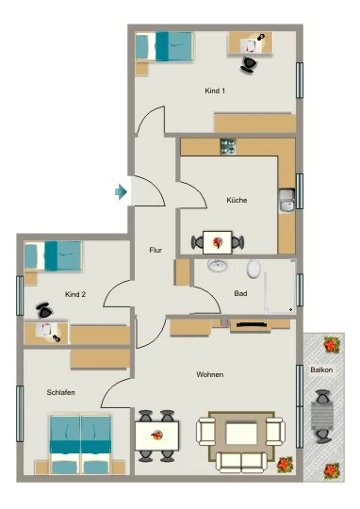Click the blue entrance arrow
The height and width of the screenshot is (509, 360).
[x=121, y=192]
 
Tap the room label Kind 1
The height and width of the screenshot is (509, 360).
[x=215, y=90]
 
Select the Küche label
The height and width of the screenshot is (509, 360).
[x=237, y=200]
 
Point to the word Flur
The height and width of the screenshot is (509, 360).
[x=155, y=250]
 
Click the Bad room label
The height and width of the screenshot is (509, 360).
[x=240, y=293]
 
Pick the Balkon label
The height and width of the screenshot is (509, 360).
[x=321, y=369]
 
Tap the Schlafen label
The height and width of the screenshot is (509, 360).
[x=60, y=392]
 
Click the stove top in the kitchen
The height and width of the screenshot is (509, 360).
[x=228, y=146]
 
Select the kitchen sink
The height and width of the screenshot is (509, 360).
[x=286, y=201]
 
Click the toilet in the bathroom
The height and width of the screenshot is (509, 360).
[x=254, y=269]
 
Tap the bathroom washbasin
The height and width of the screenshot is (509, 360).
[x=218, y=266]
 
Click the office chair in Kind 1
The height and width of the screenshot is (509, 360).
[x=249, y=64]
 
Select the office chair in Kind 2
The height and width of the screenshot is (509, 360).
[x=44, y=311]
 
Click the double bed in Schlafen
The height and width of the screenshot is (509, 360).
[x=80, y=444]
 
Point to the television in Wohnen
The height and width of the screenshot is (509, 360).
[x=252, y=324]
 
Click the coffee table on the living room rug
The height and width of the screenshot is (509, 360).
[x=241, y=434]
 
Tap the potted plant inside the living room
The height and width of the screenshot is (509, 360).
[x=285, y=464]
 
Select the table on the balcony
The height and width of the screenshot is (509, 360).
[x=322, y=417]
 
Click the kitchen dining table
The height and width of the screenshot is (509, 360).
[x=217, y=242]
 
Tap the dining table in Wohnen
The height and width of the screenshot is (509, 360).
[x=156, y=435]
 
